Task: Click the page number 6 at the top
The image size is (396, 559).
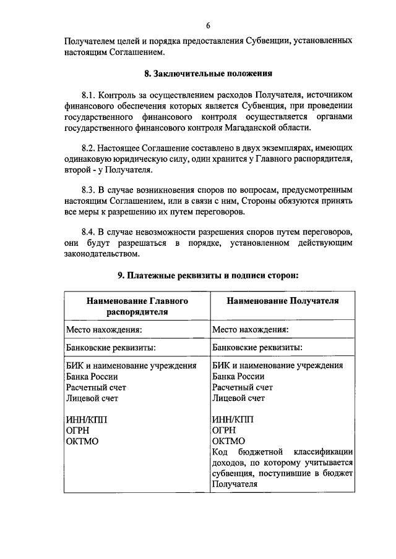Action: tap(209, 25)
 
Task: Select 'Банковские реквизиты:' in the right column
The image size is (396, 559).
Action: tap(257, 348)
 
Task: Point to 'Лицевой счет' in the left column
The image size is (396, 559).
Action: tap(92, 398)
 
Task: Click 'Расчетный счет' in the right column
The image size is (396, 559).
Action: tap(242, 387)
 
